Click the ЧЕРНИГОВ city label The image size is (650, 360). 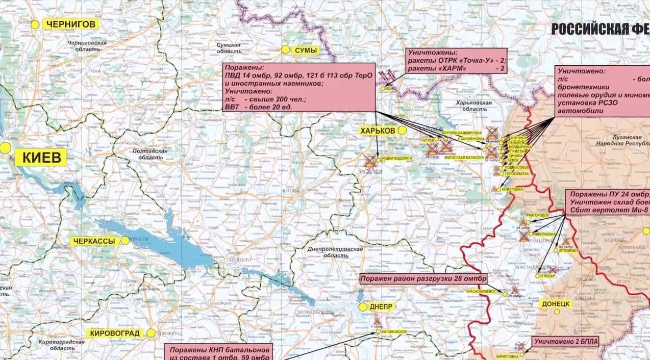(x=70, y=24)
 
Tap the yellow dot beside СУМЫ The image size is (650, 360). (x=285, y=49)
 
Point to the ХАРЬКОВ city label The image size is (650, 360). (x=378, y=131)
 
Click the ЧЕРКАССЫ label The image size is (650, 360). (x=94, y=241)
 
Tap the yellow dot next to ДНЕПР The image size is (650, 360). (x=363, y=307)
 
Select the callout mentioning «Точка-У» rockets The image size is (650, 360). (x=456, y=61)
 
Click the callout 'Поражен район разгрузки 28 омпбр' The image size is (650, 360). (x=423, y=279)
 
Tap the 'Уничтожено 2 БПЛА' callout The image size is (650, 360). (x=565, y=342)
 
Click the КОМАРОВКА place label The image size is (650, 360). (x=513, y=189)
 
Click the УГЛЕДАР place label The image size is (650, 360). (x=548, y=275)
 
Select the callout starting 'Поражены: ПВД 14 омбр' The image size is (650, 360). (x=299, y=87)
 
